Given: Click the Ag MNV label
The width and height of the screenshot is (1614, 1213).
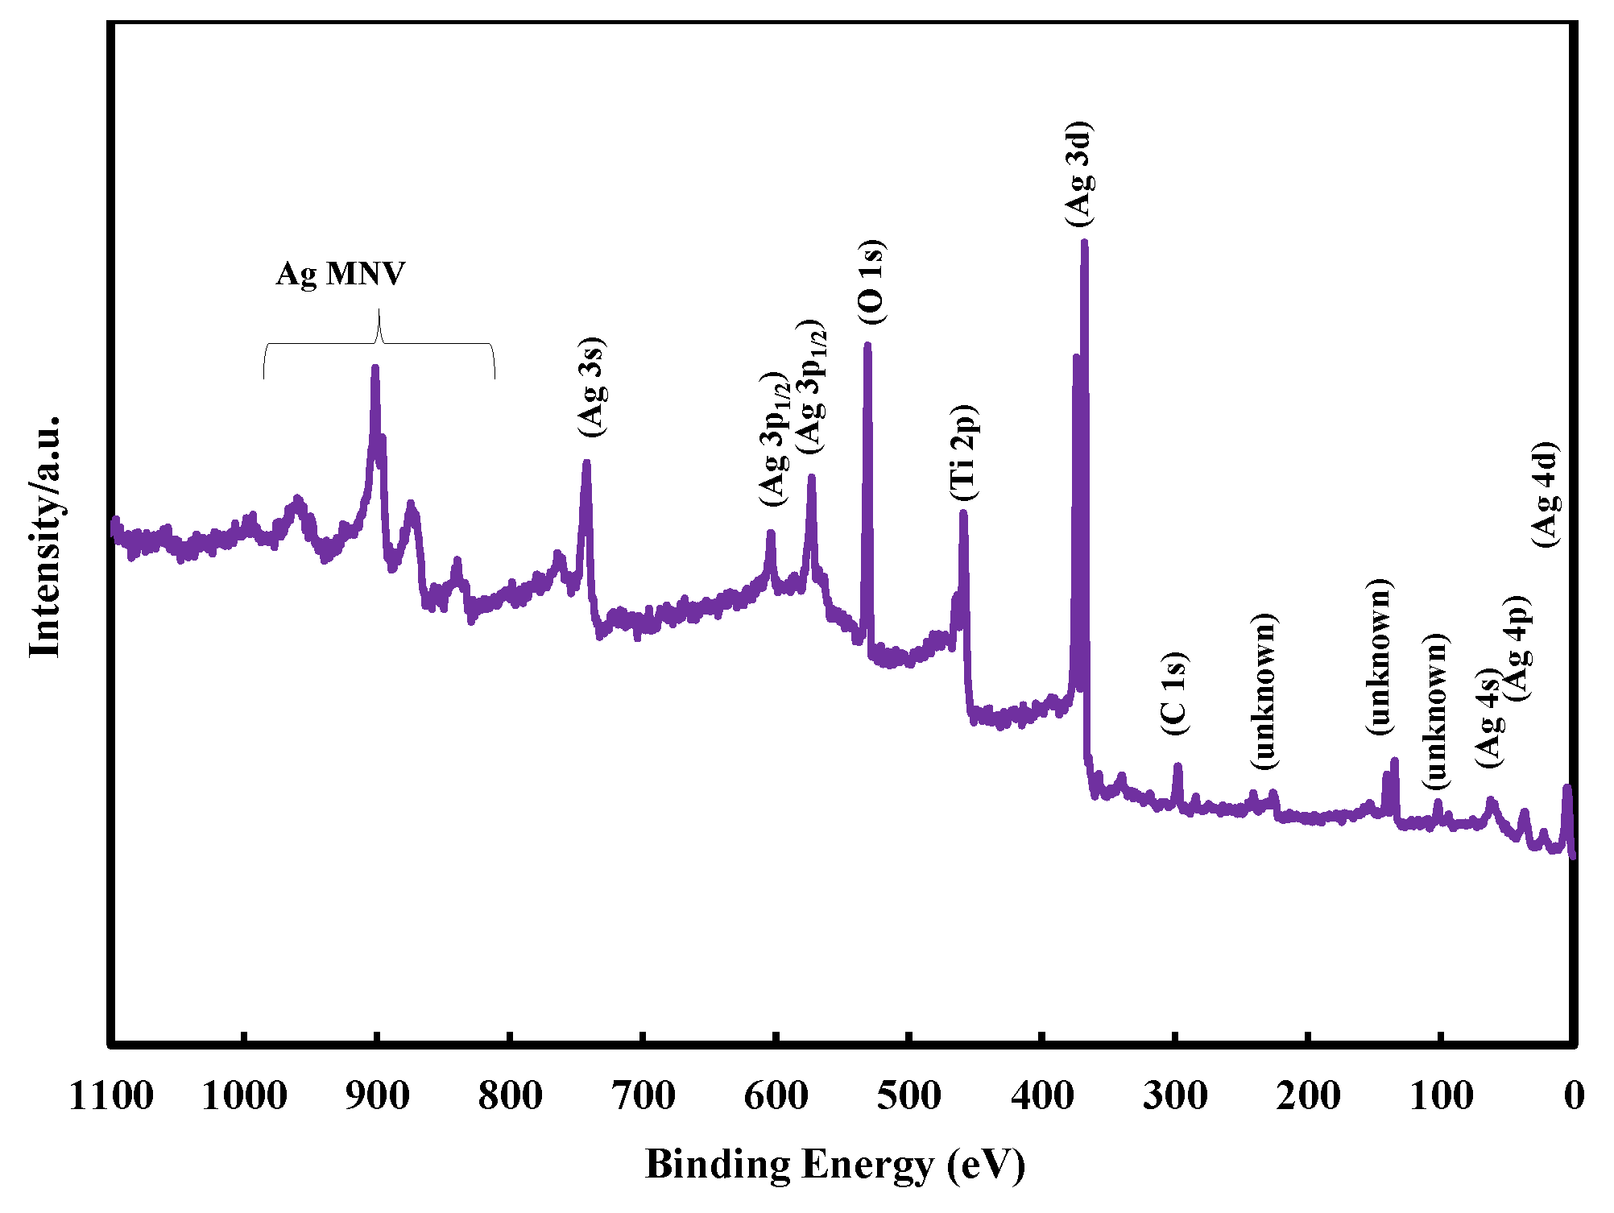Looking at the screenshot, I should pyautogui.click(x=340, y=274).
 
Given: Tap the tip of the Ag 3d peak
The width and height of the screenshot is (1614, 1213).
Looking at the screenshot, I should pyautogui.click(x=1084, y=242).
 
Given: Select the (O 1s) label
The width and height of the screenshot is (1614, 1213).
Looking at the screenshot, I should pyautogui.click(x=871, y=283).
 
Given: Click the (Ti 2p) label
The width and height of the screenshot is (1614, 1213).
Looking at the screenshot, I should pyautogui.click(x=963, y=453).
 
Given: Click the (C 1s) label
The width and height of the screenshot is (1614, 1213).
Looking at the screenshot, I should pyautogui.click(x=1174, y=693).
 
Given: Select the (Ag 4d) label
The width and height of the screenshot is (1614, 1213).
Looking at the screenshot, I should pyautogui.click(x=1546, y=495).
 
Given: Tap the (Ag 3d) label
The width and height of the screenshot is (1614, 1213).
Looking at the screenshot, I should pyautogui.click(x=1078, y=174).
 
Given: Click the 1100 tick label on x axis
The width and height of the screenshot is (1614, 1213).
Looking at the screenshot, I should pyautogui.click(x=111, y=1096).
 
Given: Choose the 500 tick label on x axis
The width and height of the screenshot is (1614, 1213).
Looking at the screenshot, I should pyautogui.click(x=908, y=1096).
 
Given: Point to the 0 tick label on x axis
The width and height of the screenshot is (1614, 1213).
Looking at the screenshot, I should pyautogui.click(x=1574, y=1096).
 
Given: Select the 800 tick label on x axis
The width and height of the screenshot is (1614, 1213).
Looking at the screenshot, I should pyautogui.click(x=510, y=1096).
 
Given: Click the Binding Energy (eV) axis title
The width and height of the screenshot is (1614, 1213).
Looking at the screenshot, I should pyautogui.click(x=835, y=1165).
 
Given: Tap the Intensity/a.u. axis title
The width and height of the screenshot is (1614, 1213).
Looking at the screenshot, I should pyautogui.click(x=45, y=537).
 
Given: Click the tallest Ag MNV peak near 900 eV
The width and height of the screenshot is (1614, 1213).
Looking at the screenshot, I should pyautogui.click(x=375, y=369).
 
